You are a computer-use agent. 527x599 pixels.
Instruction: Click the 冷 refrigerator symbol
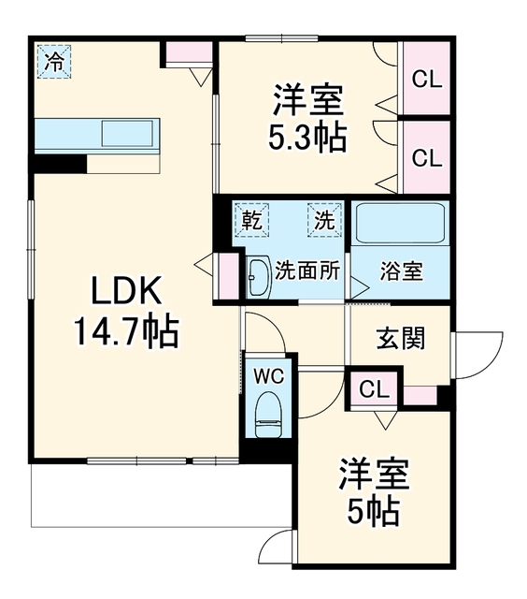click(x=54, y=62)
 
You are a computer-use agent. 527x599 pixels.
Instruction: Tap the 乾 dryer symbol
click(x=252, y=221)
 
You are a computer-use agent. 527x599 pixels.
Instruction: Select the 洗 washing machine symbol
click(x=324, y=221)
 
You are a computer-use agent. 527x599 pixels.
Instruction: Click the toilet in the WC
click(x=268, y=415)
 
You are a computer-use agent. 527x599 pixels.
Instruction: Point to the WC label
click(x=270, y=376)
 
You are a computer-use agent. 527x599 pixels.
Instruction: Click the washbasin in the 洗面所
click(x=259, y=278)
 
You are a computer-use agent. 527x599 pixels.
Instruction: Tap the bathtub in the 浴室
click(x=400, y=224)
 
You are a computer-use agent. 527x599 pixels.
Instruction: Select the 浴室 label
click(x=402, y=271)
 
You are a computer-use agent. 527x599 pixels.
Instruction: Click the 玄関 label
click(x=401, y=338)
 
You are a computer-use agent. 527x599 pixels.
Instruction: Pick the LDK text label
click(x=125, y=290)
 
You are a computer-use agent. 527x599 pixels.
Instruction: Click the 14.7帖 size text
click(x=126, y=330)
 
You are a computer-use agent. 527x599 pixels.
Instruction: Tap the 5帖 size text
click(x=374, y=510)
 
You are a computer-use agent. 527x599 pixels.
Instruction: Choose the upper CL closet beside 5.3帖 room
click(x=427, y=79)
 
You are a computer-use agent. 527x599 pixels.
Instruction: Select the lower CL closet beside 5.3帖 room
click(x=427, y=157)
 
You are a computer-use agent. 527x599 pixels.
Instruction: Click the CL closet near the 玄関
click(x=374, y=389)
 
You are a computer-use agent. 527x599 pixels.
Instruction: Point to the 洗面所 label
click(x=307, y=270)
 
